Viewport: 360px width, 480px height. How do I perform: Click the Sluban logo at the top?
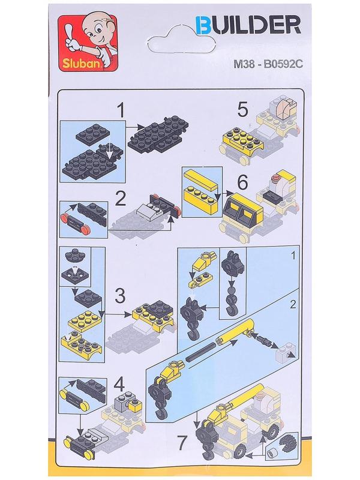[x=88, y=43]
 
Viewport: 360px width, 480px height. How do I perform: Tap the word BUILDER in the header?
[x=248, y=25]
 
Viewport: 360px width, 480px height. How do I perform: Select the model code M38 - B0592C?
[x=268, y=64]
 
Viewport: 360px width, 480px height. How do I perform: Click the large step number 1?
[x=122, y=110]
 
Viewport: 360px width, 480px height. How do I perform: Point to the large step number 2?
[x=120, y=199]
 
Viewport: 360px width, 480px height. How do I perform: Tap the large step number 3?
[x=120, y=296]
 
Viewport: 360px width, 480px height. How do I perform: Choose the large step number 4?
[x=119, y=384]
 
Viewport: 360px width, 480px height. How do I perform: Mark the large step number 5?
[x=242, y=110]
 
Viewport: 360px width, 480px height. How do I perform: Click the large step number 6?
[x=243, y=184]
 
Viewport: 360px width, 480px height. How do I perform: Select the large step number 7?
[x=182, y=443]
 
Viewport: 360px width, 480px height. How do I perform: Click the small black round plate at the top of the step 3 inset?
[x=76, y=256]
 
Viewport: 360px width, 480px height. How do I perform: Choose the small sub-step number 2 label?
[x=293, y=304]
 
